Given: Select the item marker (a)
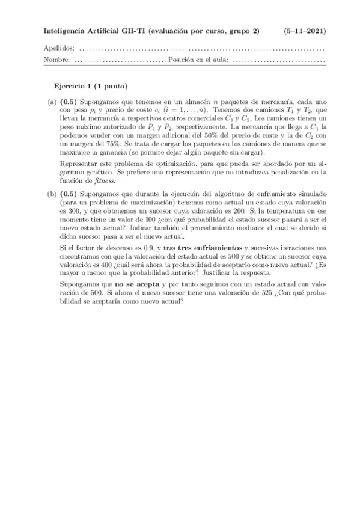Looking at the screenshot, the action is coord(51,103).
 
